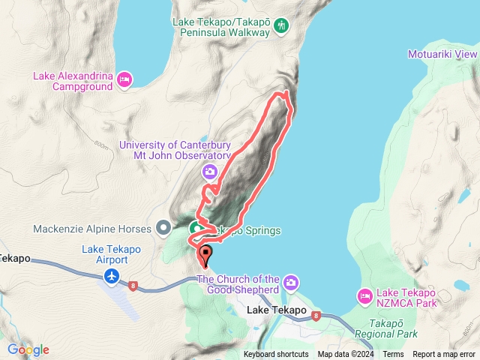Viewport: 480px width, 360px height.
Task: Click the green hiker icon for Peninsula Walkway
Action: [282, 26]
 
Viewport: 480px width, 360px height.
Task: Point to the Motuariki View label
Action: [442, 55]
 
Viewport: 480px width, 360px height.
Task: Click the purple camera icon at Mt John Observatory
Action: [210, 172]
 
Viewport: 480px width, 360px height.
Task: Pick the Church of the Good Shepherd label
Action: [238, 284]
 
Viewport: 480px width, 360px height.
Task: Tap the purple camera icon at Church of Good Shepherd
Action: [291, 283]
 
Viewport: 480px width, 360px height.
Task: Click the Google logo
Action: [28, 349]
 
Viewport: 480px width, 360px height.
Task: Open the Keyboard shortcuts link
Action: [275, 355]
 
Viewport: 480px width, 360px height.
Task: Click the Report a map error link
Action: [445, 355]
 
